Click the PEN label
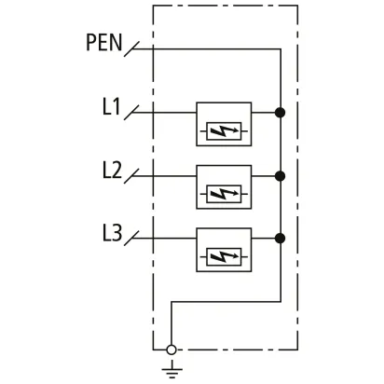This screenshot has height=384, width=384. click(103, 42)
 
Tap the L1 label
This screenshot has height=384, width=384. click(111, 106)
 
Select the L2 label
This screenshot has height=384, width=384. click(112, 170)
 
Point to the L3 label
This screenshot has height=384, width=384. click(112, 233)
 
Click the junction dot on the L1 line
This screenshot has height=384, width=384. click(280, 113)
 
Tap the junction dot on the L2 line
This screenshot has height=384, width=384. click(280, 176)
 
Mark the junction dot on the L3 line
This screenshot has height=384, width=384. click(280, 239)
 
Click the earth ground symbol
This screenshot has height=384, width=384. click(171, 370)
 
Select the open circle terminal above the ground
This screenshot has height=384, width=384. click(171, 350)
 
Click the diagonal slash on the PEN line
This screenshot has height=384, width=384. click(131, 49)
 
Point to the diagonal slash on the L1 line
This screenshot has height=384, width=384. click(131, 113)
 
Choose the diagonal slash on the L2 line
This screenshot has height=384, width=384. click(131, 176)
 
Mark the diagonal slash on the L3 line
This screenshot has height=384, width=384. click(131, 239)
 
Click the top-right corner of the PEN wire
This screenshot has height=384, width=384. click(281, 49)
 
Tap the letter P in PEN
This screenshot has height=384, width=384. click(90, 43)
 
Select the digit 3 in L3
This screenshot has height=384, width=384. click(117, 233)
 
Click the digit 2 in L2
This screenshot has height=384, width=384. click(117, 170)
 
